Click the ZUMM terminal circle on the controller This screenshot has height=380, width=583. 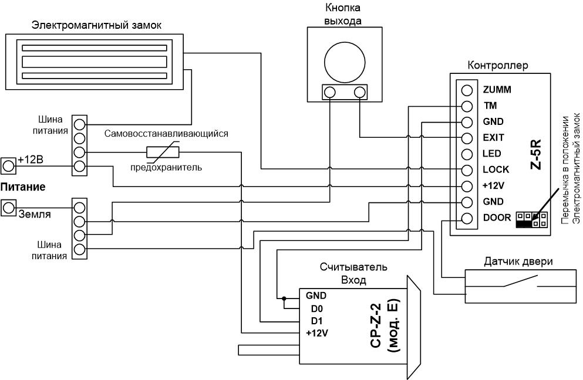coord(467,90)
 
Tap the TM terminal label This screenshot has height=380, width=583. coord(490,106)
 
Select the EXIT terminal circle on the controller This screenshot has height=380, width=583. coord(467,138)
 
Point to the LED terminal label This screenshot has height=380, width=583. coord(492,154)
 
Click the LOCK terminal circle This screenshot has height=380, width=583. coord(467,169)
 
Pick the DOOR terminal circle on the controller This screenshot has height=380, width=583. coord(467,218)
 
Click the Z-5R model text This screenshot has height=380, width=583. coord(536,155)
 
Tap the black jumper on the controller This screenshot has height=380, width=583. coord(524,223)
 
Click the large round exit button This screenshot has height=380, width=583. coord(344,62)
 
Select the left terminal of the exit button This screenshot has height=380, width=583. coord(329,91)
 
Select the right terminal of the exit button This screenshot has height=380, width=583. coord(359,91)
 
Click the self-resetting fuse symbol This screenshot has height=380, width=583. coord(163,152)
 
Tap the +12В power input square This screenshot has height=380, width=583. coord(8,166)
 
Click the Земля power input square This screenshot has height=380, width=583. coord(8,208)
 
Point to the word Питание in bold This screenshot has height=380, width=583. coord(23,187)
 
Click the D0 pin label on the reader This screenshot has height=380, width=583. coord(317,308)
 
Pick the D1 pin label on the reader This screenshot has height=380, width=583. coord(317,321)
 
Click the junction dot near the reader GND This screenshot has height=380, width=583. coord(284,298)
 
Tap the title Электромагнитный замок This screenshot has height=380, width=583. coord(97,25)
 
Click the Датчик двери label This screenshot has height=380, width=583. coord(518,262)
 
